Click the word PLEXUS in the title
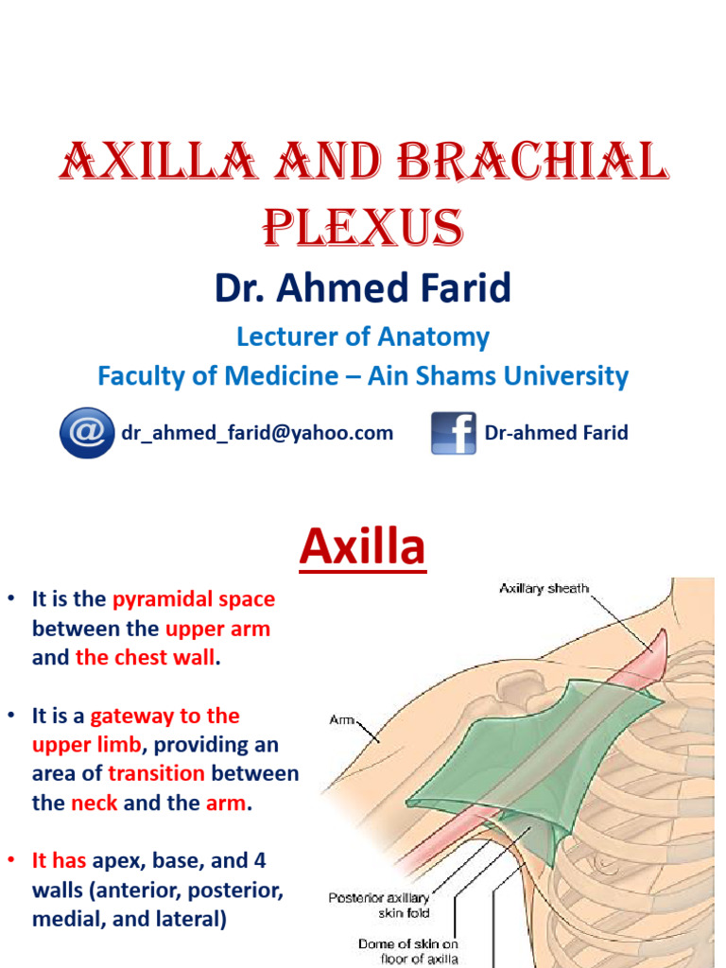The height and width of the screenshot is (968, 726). click(362, 227)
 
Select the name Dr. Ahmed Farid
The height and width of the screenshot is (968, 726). click(362, 288)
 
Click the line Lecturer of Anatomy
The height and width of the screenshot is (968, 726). click(362, 337)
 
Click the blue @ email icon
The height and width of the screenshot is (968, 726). click(87, 433)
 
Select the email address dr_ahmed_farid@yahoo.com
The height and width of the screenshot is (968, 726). click(256, 433)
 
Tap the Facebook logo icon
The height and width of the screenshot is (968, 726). click(454, 433)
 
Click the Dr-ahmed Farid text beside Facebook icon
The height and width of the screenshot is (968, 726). click(556, 433)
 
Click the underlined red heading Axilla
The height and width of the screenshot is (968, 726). click(362, 548)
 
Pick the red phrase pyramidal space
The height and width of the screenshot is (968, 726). click(194, 599)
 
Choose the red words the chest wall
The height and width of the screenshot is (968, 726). click(146, 658)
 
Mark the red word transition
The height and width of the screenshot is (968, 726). click(156, 773)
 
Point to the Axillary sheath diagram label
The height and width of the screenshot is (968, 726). click(544, 588)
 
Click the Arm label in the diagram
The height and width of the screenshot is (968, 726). click(341, 719)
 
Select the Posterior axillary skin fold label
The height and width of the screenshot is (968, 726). click(378, 906)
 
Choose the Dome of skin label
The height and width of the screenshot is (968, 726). click(407, 951)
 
